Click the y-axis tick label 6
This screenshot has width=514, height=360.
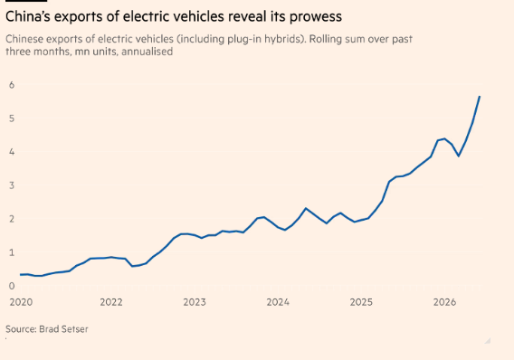pos(12,85)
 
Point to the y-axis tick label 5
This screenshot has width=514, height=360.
pos(12,118)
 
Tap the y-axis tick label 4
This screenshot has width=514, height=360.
pos(12,152)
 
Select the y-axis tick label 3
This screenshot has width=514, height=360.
pos(12,185)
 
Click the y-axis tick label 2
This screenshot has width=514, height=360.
pos(12,219)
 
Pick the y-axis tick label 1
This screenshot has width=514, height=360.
pos(12,252)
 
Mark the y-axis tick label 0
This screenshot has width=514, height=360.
pos(12,286)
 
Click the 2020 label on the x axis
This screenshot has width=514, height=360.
pos(22,302)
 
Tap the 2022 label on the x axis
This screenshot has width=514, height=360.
pos(111,302)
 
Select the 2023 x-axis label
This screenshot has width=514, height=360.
pos(195,302)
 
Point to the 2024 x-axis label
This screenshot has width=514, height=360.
pos(278,302)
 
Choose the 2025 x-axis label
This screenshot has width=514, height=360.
pos(361,302)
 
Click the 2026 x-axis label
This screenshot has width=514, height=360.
pos(444,302)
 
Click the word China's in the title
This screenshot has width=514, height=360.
pos(28,16)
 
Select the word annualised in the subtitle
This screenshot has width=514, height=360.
pos(148,52)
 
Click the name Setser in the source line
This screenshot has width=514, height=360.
pos(76,329)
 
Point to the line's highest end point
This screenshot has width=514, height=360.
pos(480,97)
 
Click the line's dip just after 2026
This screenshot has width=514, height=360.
pos(459,156)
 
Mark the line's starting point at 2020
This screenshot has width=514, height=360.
pos(21,275)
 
